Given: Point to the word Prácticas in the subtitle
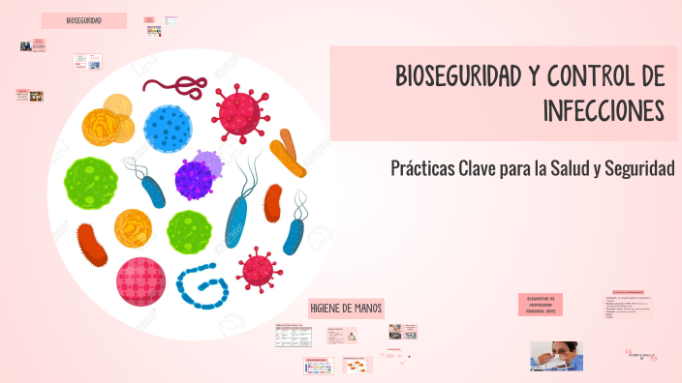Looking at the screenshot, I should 425,167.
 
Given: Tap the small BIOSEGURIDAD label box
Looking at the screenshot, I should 84,20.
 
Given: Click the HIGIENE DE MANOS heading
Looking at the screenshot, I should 346,308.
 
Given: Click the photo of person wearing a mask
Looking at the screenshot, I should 556,355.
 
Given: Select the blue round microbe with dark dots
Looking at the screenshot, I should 169,128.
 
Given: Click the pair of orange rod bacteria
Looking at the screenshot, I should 288,153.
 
